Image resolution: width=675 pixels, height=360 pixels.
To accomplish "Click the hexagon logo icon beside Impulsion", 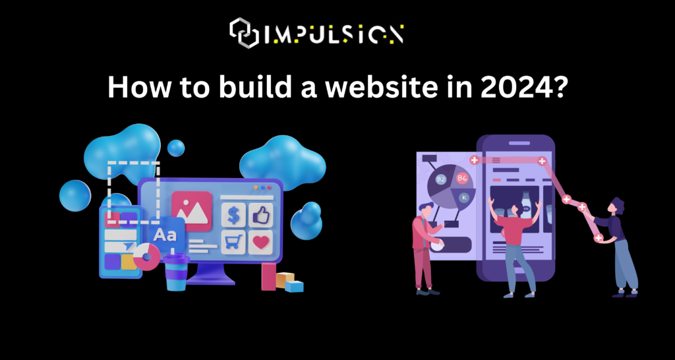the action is pos(244,33).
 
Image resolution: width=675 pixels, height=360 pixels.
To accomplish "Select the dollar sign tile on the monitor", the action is pos(234,215).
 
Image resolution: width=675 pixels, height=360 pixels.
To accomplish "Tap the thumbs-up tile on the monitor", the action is pos(261,215).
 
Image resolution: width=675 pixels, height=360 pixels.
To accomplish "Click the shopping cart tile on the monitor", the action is pos(234,242).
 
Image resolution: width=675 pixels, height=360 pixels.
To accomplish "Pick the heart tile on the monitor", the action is pos(261,242).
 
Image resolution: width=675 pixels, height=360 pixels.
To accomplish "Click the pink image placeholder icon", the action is pos(192,211).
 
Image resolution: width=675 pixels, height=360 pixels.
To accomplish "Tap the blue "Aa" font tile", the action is pos(165,235).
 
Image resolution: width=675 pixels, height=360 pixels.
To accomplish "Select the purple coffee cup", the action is pos(175,272).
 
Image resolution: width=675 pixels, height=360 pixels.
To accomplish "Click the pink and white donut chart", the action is pos(146,256).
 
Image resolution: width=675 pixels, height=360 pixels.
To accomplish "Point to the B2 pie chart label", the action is pos(441,179).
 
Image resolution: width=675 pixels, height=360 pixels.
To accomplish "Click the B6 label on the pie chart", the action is pos(462,177).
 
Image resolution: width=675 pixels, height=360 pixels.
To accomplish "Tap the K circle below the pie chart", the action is pos(464,197).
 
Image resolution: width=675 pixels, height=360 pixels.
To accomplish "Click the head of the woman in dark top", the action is pos(617,206).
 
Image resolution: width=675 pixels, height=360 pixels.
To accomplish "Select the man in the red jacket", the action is pos(425,249).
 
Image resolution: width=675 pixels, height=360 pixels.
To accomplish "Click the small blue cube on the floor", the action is pos(294,286).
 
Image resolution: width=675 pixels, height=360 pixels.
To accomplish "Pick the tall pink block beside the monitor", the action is pos(269,276).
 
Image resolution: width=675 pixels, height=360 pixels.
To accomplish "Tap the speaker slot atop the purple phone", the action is pos(519,143).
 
